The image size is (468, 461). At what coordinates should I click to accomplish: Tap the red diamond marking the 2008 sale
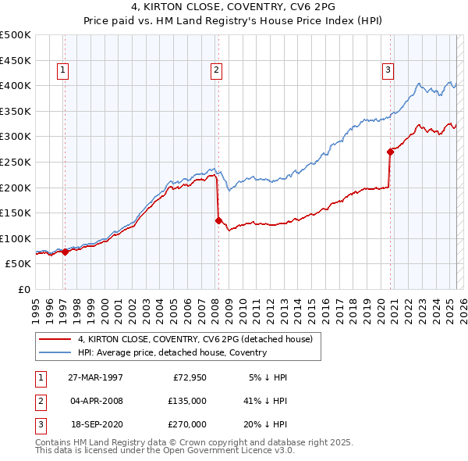tap(218, 220)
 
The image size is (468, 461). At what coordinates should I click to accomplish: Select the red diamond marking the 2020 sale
tap(390, 152)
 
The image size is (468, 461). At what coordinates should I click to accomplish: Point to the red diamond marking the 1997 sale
tap(65, 252)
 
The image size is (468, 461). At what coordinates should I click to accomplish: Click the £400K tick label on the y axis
tap(16, 85)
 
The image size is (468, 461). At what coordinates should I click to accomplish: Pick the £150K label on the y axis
tap(16, 213)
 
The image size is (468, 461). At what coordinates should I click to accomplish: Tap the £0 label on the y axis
tap(23, 289)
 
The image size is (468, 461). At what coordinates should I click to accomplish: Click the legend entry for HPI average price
tap(172, 352)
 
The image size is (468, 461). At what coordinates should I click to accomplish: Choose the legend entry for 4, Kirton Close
tap(195, 339)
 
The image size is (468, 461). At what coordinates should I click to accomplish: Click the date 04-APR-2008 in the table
tap(95, 401)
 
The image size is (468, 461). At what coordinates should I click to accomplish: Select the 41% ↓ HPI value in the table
tap(265, 401)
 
